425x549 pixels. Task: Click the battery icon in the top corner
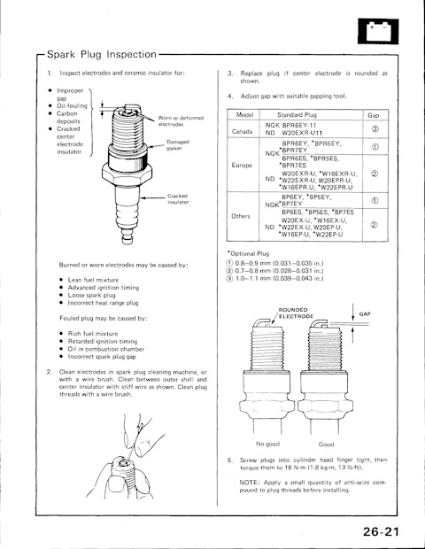click(x=378, y=31)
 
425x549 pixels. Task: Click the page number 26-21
click(x=381, y=531)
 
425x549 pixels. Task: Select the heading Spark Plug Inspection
click(x=102, y=54)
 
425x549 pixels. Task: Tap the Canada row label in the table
click(x=242, y=132)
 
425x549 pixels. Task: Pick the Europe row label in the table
click(x=242, y=165)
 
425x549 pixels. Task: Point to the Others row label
click(x=241, y=216)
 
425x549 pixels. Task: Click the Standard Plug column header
click(x=297, y=115)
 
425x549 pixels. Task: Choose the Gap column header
click(x=374, y=115)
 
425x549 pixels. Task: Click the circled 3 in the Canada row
click(x=375, y=129)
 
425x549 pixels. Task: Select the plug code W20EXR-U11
click(x=302, y=133)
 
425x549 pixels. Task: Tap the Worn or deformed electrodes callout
click(x=181, y=121)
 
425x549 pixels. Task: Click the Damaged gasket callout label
click(x=178, y=145)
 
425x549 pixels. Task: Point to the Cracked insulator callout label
click(x=178, y=199)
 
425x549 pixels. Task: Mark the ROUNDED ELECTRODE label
click(x=296, y=313)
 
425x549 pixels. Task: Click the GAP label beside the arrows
click(x=365, y=314)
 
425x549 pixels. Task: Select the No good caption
click(x=267, y=444)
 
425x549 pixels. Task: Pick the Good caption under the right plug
click(x=326, y=445)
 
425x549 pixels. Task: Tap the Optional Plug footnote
click(x=248, y=253)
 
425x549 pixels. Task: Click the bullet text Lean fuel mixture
click(x=93, y=280)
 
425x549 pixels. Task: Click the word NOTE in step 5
click(x=249, y=483)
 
